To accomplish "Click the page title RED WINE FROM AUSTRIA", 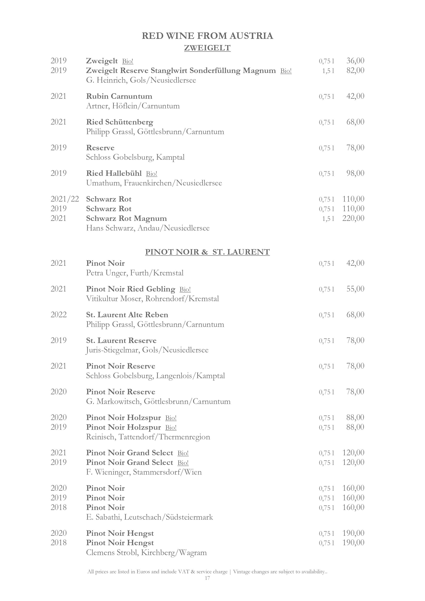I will [207, 36].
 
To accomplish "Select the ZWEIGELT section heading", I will [207, 48].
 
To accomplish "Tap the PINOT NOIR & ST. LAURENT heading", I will [207, 252].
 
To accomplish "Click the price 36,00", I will [355, 61].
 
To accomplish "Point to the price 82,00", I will [355, 70].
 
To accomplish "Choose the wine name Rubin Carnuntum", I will [119, 96].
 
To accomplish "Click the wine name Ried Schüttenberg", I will [120, 122].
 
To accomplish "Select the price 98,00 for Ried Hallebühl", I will [355, 173].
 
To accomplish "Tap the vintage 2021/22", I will [65, 199].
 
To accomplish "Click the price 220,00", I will [353, 218].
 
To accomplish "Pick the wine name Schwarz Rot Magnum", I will [126, 218].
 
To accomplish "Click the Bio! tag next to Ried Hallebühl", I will [152, 174].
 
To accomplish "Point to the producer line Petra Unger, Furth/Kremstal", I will [135, 273].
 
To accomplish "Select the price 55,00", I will [355, 289].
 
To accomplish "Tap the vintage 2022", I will [59, 315].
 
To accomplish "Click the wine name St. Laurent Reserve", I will [121, 340].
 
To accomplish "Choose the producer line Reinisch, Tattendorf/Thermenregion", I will [148, 437].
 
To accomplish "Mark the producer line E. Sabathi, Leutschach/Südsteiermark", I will [149, 517].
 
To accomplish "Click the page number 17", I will [207, 578].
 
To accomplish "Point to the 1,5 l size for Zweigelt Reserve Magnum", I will [328, 71].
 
